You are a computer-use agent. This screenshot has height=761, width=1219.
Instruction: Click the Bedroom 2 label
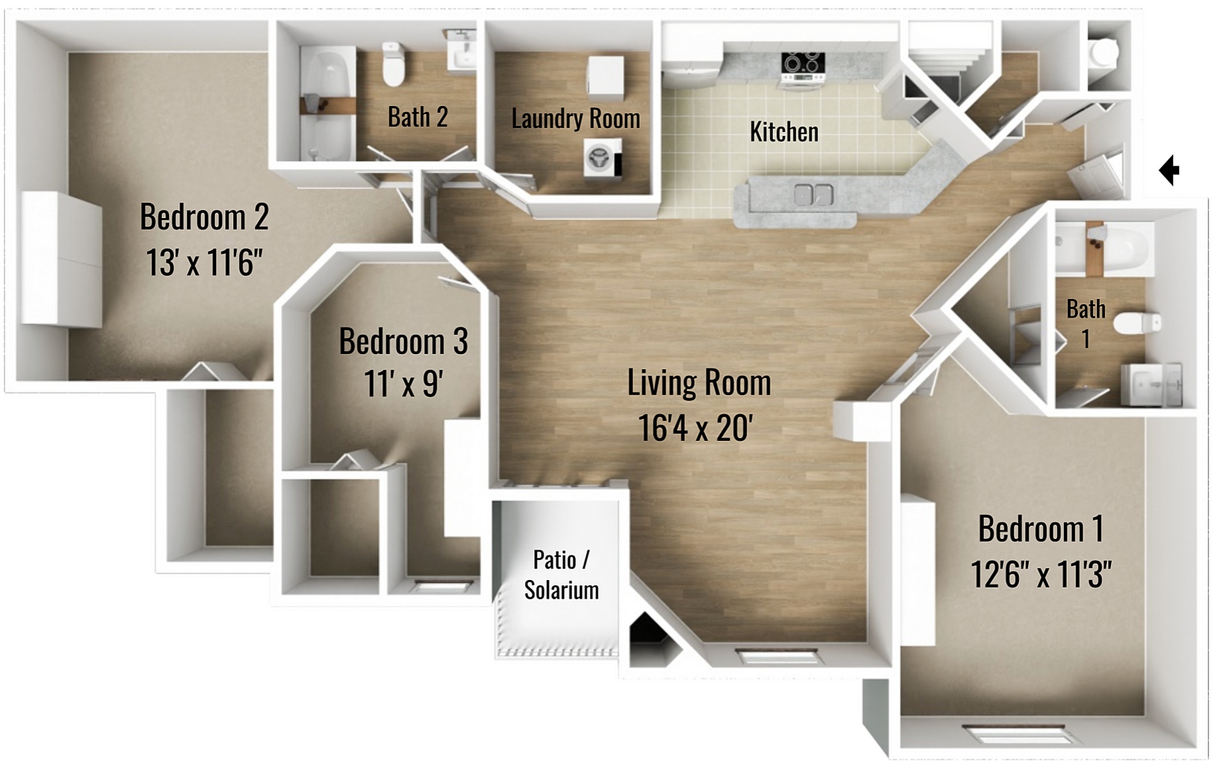tap(204, 217)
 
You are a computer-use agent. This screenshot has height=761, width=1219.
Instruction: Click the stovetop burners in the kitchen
tap(803, 64)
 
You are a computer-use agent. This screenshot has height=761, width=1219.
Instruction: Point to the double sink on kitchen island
tap(813, 195)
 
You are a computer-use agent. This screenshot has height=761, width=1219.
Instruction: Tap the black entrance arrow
tap(1169, 170)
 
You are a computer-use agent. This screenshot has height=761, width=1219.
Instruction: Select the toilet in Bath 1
tap(1136, 323)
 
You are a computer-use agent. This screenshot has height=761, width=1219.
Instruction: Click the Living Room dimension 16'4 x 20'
tap(695, 428)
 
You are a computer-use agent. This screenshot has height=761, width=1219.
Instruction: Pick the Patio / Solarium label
tap(561, 575)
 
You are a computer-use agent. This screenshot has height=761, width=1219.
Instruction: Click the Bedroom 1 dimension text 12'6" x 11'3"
tap(1041, 574)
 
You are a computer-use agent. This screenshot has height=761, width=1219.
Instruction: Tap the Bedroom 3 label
tap(403, 341)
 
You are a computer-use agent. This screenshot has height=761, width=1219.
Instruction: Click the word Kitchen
tap(784, 132)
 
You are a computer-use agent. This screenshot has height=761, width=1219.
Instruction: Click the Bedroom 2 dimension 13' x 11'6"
tap(204, 263)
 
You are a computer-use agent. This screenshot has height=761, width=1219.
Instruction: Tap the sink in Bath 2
tap(462, 51)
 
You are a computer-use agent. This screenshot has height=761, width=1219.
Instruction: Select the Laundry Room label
tap(575, 119)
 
